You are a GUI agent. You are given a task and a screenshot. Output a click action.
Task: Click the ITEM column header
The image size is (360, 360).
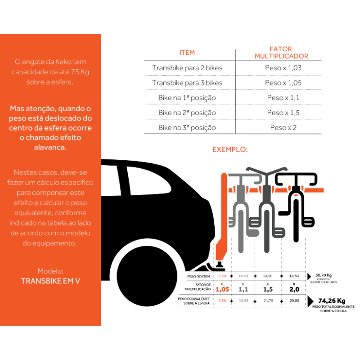tap(187, 53)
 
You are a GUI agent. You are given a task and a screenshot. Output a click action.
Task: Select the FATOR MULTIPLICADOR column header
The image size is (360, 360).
tap(281, 53)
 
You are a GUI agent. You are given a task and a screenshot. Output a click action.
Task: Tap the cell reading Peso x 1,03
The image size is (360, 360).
tap(283, 68)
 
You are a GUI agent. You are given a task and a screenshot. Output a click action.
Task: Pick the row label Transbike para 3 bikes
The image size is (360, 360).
tap(187, 83)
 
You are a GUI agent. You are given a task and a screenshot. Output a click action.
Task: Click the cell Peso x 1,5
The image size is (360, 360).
tap(283, 112)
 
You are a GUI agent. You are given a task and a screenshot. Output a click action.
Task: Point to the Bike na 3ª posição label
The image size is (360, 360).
tap(187, 127)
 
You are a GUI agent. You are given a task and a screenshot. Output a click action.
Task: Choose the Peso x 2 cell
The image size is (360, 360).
tap(283, 127)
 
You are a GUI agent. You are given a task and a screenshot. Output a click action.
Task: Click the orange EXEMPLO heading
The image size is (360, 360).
tap(230, 149)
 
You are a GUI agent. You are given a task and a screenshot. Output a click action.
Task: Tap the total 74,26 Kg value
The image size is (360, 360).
tap(332, 301)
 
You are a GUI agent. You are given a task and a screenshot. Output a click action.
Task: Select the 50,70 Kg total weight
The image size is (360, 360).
tap(324, 275)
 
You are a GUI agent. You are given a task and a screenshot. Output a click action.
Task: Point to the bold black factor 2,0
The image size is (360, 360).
tap(294, 289)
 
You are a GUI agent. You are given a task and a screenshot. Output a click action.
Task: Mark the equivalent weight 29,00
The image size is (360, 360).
tap(294, 300)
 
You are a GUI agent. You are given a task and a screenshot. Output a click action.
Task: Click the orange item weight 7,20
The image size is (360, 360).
tap(222, 275)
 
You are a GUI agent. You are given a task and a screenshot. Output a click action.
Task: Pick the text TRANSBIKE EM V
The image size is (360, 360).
tap(50, 281)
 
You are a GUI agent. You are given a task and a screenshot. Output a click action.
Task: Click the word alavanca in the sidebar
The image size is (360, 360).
tap(50, 148)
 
